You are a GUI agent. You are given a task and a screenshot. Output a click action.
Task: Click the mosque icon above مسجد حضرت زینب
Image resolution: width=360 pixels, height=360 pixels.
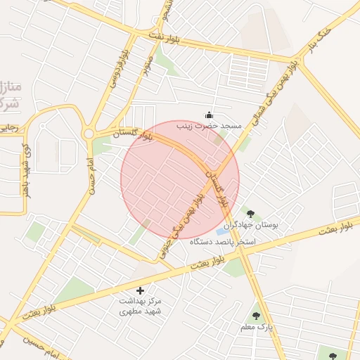208,115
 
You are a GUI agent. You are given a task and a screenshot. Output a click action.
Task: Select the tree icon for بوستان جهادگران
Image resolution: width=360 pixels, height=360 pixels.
247,210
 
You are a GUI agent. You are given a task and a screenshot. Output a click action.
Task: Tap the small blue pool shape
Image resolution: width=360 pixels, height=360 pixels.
221,230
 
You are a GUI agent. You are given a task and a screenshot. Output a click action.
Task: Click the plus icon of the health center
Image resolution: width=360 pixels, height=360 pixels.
139,290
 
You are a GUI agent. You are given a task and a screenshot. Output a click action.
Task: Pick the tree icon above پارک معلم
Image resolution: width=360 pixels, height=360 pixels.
255,316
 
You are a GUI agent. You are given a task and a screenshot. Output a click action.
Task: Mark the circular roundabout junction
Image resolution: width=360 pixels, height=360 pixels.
89,134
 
